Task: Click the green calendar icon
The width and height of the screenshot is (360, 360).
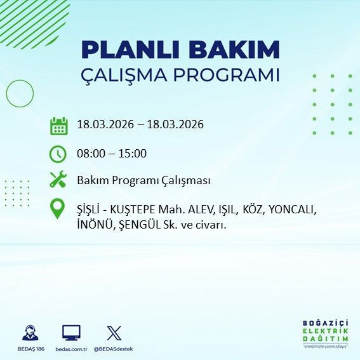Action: coord(58,126)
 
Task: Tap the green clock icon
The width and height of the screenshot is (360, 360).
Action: coord(58,154)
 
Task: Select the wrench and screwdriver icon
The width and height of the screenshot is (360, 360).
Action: coord(58,180)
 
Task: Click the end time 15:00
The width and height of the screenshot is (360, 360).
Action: coord(133,153)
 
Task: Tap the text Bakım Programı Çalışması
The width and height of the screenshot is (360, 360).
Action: coord(143,180)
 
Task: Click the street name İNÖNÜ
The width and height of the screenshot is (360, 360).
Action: coord(93,224)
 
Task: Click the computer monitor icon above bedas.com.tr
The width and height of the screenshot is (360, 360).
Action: coord(71,333)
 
